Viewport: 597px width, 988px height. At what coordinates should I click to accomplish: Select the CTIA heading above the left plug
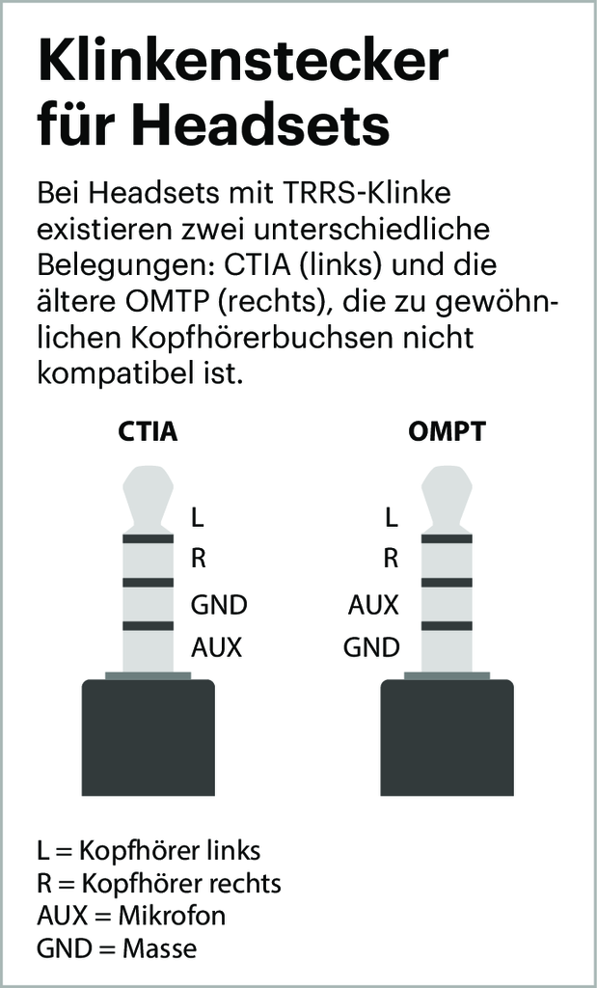tap(148, 432)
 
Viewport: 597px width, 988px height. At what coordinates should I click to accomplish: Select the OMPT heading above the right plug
tap(447, 432)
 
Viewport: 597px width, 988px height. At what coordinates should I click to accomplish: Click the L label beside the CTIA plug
tap(198, 518)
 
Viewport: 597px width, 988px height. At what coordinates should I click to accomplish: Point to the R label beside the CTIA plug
tap(199, 558)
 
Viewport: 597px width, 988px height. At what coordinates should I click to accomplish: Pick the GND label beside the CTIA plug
tap(219, 605)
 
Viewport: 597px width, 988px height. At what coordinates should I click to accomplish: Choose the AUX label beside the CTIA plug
tap(216, 647)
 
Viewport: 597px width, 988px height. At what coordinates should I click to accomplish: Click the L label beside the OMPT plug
tap(391, 518)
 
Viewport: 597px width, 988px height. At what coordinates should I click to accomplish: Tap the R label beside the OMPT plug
tap(391, 558)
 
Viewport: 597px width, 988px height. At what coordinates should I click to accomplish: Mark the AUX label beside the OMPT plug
tap(373, 605)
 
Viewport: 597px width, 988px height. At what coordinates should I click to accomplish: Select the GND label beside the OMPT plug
tap(371, 647)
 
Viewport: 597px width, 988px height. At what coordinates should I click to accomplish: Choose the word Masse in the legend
tap(159, 948)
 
